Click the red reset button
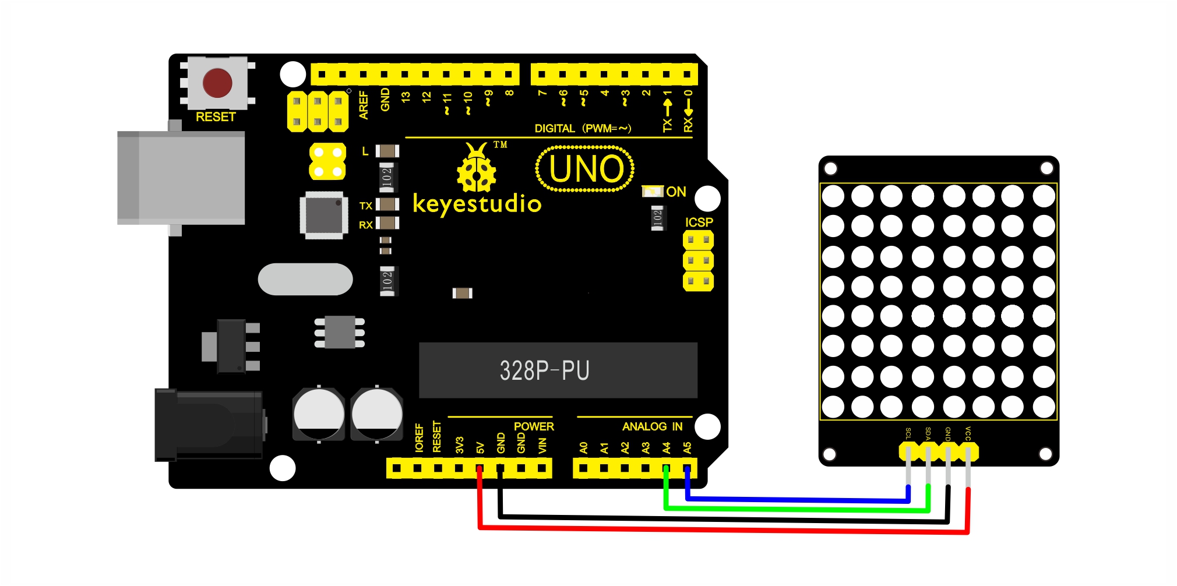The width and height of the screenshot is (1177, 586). pos(217,83)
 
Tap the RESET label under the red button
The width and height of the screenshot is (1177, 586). pos(216,117)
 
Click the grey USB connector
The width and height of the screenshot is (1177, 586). pos(181,178)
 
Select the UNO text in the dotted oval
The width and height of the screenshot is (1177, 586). pos(586,169)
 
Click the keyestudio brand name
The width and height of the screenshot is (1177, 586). pos(477,204)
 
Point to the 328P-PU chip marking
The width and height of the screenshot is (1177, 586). pos(545,370)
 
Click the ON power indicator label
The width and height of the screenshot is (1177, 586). pos(676,192)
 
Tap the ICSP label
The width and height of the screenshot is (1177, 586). pos(699,223)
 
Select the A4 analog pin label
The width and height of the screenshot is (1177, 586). pos(667,447)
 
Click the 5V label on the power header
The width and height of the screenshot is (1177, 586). pos(480,447)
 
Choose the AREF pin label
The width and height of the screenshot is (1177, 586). pos(364,105)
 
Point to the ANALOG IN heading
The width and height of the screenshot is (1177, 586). pos(653,426)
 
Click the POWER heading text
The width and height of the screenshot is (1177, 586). pos(534,426)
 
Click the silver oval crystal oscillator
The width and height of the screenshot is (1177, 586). pos(305,279)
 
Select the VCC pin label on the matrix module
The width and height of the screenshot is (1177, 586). pos(968,433)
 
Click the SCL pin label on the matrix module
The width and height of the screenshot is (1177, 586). pos(908,433)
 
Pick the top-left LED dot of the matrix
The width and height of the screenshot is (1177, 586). pos(833,196)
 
